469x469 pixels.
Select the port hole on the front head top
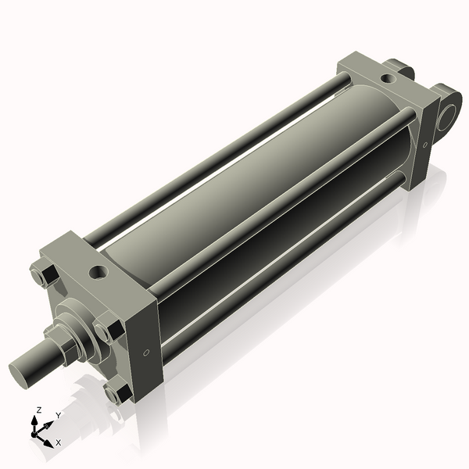[99, 272]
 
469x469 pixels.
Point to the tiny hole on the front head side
[146, 353]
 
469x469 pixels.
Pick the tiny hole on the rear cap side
[425, 144]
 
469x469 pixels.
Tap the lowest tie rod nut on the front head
[116, 392]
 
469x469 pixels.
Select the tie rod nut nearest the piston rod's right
[107, 328]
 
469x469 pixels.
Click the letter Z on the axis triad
[39, 410]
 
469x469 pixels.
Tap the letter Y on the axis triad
[58, 415]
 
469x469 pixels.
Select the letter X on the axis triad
[58, 442]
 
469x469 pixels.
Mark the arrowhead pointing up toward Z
[35, 419]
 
